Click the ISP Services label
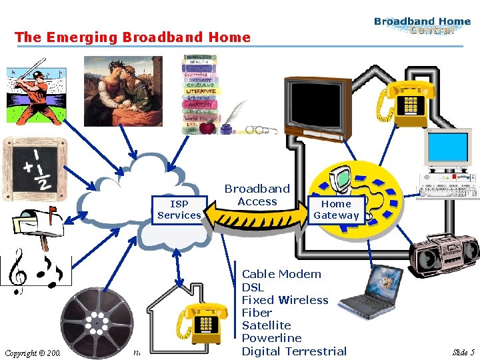coord(179,209)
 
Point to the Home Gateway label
coord(336,209)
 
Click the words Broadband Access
coord(257,195)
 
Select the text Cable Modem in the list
coord(281,274)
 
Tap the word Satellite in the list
coord(266,325)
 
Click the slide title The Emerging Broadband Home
coord(133,37)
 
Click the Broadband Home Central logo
coord(422,25)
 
